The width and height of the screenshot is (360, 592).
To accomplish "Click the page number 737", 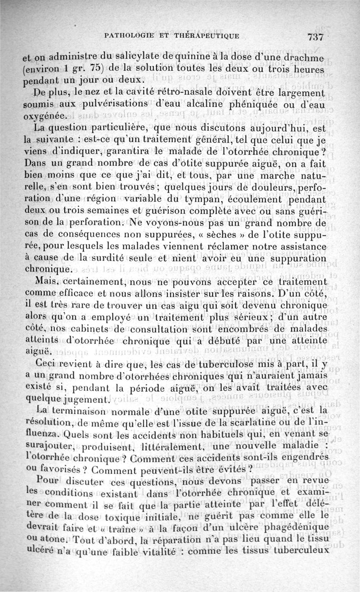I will coord(318,37).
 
